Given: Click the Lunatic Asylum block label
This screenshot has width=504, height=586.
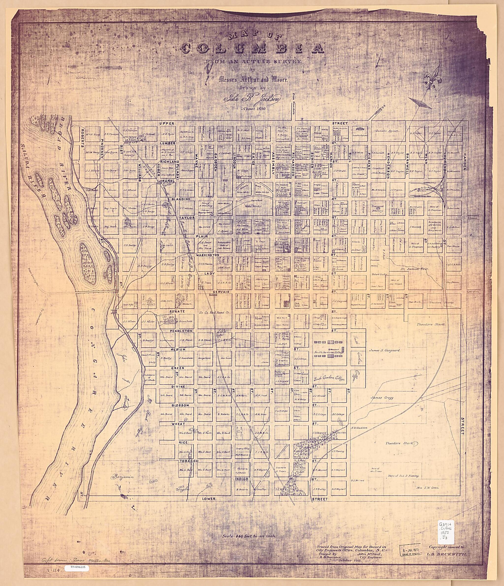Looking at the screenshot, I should tap(387, 131).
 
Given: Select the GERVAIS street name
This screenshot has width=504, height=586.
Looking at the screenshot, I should tap(222, 292).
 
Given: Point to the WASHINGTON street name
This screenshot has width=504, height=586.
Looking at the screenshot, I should tap(208, 255).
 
